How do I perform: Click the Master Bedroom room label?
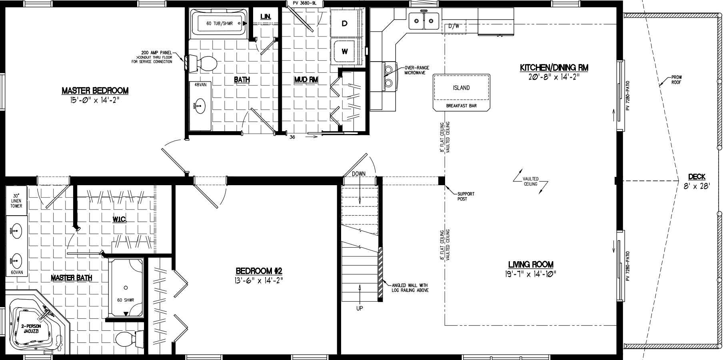95,90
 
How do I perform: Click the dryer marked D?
344,24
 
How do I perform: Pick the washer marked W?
344,51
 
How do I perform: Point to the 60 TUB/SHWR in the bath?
219,24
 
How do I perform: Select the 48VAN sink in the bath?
200,106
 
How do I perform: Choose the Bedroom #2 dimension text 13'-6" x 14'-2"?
259,280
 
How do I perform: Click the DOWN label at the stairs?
359,174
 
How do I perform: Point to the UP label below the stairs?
360,308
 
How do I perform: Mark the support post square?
441,180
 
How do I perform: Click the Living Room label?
531,264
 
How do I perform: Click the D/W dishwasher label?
453,26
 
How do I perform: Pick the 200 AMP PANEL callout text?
156,52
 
